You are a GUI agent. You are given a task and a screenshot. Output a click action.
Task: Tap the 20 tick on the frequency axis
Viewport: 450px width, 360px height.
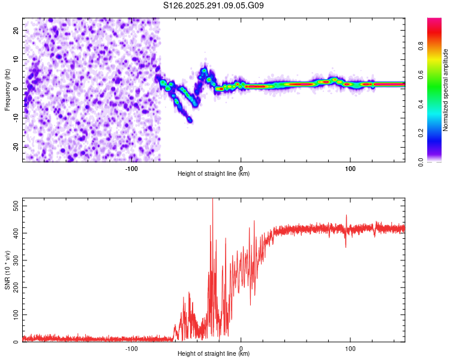click(16, 30)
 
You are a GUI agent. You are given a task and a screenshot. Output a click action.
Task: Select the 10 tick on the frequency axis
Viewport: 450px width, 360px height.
click(16, 59)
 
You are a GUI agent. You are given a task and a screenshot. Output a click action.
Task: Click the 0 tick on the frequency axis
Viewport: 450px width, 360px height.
click(18, 89)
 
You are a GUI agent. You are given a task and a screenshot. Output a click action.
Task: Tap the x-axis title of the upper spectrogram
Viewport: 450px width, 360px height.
click(214, 173)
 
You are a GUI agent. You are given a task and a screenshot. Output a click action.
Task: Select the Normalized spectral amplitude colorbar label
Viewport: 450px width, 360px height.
click(446, 90)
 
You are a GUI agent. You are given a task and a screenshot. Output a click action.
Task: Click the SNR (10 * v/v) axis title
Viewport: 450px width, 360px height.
click(7, 270)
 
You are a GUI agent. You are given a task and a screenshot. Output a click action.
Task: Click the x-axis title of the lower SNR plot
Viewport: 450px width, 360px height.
click(214, 354)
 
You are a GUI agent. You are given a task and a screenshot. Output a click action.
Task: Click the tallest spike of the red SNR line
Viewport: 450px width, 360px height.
click(212, 200)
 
